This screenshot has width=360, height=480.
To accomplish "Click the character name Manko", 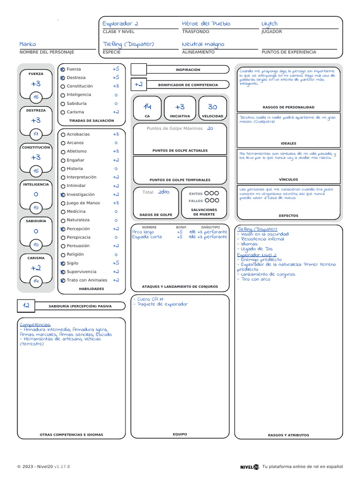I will coord(28,44).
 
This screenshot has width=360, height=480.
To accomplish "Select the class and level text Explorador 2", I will coord(120,23).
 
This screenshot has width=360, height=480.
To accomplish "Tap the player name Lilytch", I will coord(270,23).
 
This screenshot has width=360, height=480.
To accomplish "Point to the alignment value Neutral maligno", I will coord(203,44).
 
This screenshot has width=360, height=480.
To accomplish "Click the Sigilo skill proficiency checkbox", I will coord(63,263).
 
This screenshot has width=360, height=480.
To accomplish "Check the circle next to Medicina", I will coord(63,212).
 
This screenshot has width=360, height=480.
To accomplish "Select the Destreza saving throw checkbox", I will coord(63,78).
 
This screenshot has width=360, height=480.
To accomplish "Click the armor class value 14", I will coord(147,107).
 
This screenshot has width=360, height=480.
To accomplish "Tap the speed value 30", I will coord(212,107).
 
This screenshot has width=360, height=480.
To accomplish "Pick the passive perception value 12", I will coord(26,306).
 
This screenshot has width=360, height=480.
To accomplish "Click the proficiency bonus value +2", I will coord(138,84).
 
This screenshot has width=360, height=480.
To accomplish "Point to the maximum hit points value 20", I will coord(210,128).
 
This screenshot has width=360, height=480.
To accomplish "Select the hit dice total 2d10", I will coord(164,192).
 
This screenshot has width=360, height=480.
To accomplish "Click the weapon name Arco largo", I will coord(143,232).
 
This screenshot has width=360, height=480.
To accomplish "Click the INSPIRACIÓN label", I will coord(187,70).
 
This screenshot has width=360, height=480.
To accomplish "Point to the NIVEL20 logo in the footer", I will coord(249,466).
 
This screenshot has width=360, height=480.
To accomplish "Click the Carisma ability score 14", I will coord(36,281).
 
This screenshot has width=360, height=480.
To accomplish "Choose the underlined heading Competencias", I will coord(35,324).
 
